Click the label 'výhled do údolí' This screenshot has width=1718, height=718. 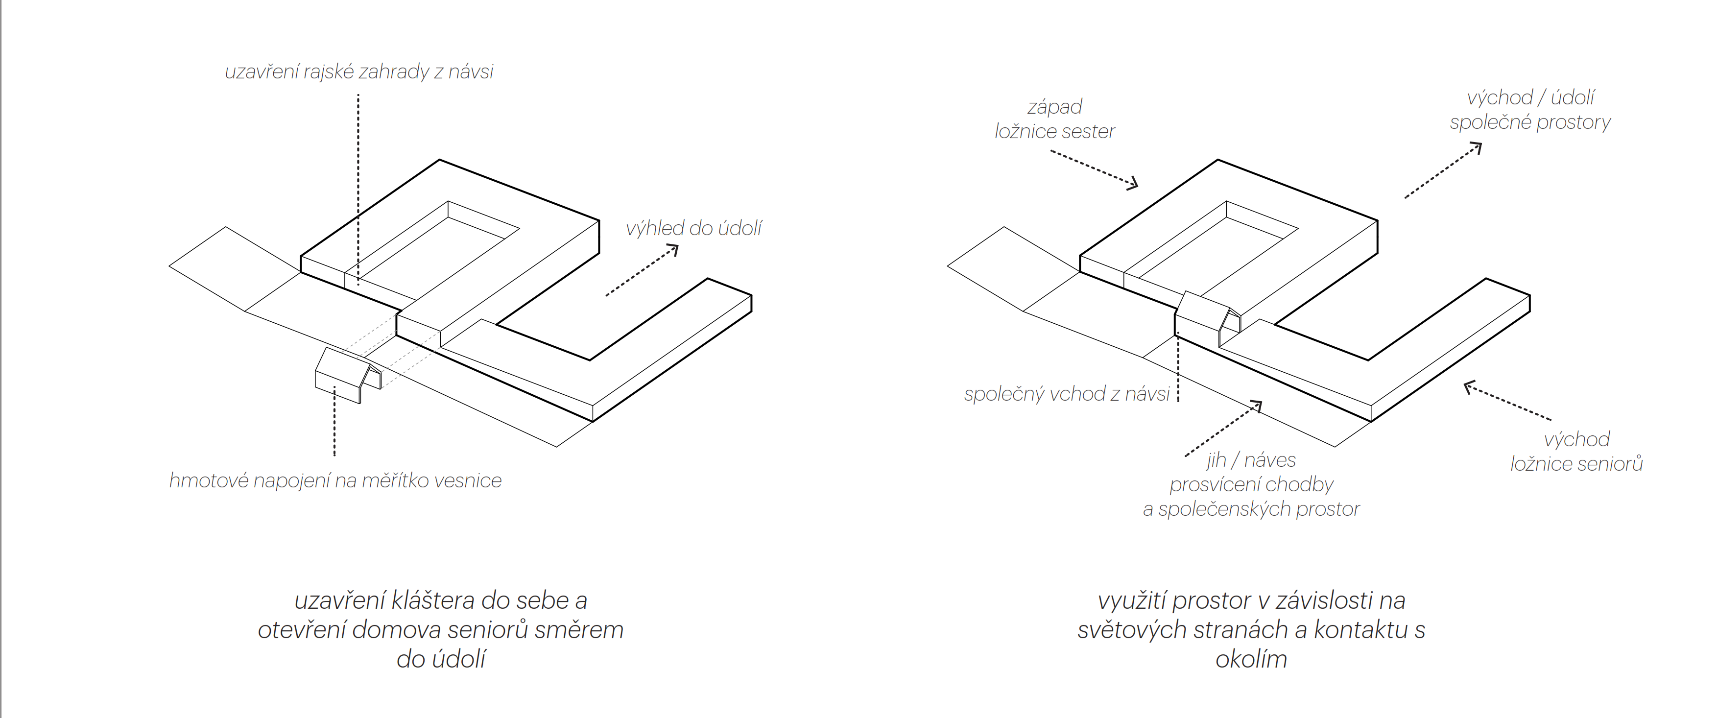pos(693,229)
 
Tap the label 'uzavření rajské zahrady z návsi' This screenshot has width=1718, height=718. pos(359,72)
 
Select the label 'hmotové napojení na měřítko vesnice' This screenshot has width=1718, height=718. pos(335,480)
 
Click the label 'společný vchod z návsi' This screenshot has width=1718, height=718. pos(1067,394)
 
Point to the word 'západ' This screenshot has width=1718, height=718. pos(1054,107)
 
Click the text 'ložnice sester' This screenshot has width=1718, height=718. pos(1054,131)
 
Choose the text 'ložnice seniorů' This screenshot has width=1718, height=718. pos(1576,464)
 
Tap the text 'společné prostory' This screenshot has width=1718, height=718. pos(1530,122)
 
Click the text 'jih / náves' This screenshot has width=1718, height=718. pos(1250,460)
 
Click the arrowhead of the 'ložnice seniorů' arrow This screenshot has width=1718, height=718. pos(1468,386)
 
